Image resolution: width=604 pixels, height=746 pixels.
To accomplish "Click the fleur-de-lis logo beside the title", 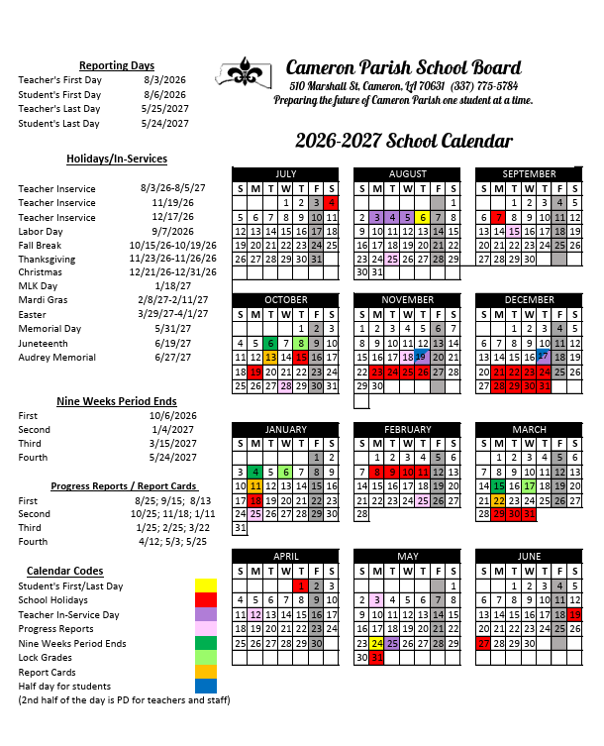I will (x=244, y=72).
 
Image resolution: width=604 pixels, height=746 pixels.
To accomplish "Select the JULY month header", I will (x=285, y=173).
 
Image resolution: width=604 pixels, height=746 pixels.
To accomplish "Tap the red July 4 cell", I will (x=332, y=202).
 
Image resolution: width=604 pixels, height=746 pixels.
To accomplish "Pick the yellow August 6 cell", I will (x=423, y=217).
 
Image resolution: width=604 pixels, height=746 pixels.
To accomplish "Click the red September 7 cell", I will (x=499, y=217).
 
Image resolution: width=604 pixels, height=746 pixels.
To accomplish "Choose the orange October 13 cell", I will (x=270, y=357).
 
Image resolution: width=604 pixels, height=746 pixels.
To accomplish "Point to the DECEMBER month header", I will (x=529, y=299).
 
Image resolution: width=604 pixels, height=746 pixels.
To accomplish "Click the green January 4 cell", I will (x=254, y=472).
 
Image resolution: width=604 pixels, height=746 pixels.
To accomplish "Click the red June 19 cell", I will (x=574, y=614).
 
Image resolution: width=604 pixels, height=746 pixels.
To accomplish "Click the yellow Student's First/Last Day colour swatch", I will (x=206, y=586).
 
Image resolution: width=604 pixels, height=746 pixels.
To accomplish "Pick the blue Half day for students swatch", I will (x=206, y=686).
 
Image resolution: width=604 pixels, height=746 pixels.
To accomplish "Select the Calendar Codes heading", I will (x=64, y=571).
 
